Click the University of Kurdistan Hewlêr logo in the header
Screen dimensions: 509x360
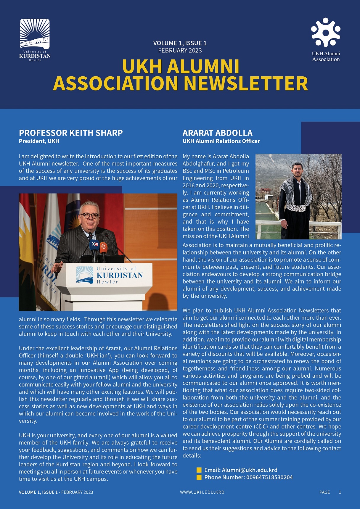point(35,40)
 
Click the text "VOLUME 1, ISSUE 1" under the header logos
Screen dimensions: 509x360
point(180,43)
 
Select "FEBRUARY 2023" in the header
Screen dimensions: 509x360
point(180,51)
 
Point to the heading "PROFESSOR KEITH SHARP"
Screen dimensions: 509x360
point(71,133)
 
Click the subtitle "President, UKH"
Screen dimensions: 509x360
point(39,141)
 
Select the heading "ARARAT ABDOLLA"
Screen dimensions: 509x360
point(217,133)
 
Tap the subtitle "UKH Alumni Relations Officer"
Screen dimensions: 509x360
point(221,141)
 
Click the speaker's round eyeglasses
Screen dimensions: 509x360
point(89,216)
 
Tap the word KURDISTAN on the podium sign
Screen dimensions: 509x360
point(120,276)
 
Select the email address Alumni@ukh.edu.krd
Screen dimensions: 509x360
point(249,470)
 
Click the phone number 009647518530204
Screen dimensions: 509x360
point(269,477)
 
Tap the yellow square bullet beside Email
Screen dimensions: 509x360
point(199,470)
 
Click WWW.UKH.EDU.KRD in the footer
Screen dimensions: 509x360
point(202,492)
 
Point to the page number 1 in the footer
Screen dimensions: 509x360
point(340,492)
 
